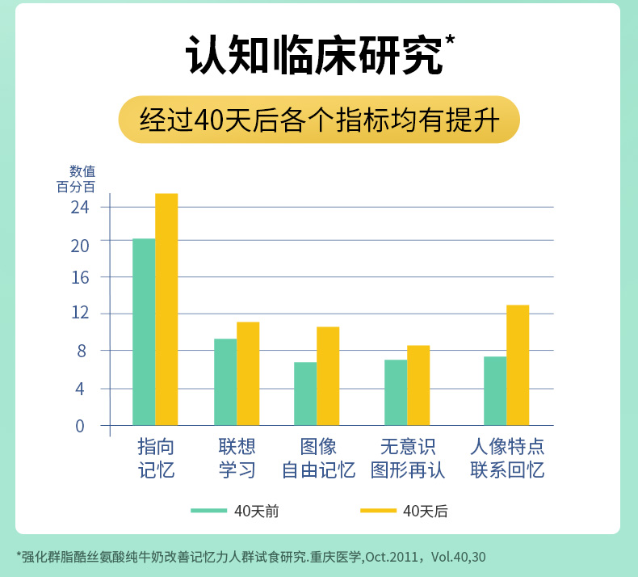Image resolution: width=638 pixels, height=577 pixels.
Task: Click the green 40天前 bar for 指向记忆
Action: click(144, 331)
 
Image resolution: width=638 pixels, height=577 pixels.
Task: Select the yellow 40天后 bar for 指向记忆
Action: click(166, 309)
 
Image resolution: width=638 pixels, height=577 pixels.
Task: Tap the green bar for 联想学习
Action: click(225, 381)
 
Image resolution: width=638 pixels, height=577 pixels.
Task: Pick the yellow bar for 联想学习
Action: click(248, 373)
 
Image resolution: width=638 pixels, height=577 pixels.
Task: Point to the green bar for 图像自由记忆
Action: click(305, 394)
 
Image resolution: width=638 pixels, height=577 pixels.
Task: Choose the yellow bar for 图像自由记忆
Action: click(328, 376)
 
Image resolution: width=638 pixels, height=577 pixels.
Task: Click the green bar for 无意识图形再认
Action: click(396, 392)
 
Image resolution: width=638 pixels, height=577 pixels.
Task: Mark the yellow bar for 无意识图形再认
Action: click(418, 385)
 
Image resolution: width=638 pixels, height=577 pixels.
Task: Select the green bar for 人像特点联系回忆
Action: click(495, 390)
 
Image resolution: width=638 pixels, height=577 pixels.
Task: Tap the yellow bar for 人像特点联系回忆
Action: click(518, 364)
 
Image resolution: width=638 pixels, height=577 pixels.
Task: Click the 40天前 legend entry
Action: click(236, 511)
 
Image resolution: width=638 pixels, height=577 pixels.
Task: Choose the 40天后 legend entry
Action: click(404, 511)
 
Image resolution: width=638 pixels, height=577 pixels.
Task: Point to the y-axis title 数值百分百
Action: click(82, 179)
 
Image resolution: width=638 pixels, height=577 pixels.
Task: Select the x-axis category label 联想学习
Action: click(237, 458)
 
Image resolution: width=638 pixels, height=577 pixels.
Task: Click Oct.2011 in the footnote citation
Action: click(391, 557)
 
